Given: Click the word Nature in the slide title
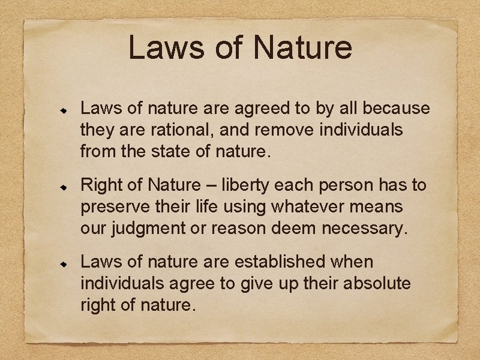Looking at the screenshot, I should coord(302,47).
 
